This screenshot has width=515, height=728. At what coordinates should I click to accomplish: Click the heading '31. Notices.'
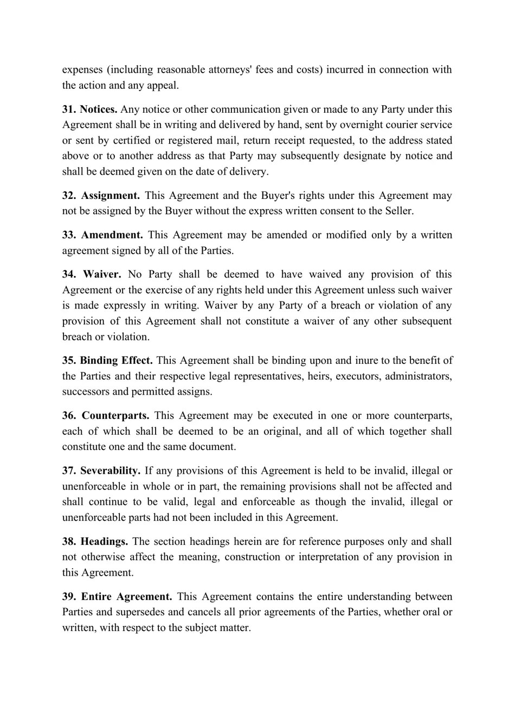[89, 109]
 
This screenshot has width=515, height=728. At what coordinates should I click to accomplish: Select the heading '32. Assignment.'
[101, 196]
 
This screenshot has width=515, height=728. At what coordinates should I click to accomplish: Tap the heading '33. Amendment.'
[102, 235]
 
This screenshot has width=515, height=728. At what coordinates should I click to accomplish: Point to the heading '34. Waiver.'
[91, 275]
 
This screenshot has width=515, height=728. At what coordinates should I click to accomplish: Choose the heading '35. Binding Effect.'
[107, 360]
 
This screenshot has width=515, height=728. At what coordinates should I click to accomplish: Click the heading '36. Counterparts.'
[106, 416]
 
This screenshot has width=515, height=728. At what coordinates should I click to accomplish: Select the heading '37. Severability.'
[101, 471]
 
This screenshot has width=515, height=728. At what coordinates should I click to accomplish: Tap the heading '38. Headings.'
[95, 542]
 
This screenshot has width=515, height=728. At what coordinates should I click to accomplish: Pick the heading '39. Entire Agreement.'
[117, 597]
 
